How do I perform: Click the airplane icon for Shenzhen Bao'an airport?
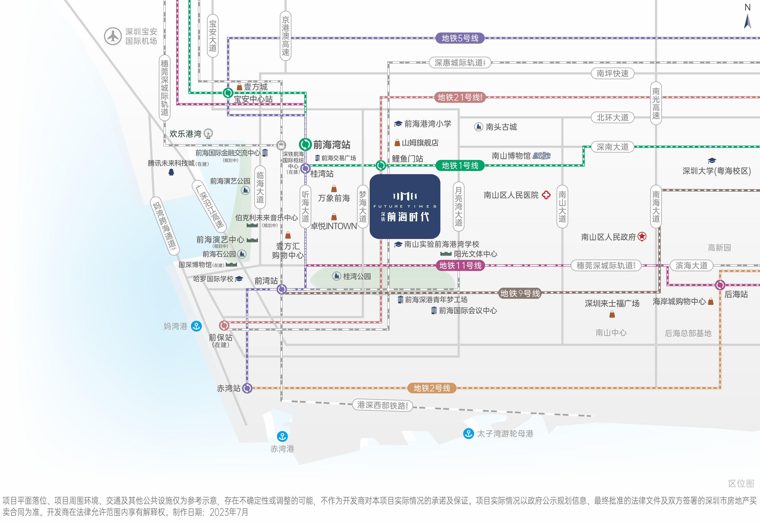pos(113,36)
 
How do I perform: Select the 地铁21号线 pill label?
pos(460,97)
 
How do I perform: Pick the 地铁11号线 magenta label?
pos(460,265)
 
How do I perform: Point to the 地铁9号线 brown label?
pos(520,293)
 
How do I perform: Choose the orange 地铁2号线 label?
pos(432,388)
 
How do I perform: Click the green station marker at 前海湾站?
pos(305,144)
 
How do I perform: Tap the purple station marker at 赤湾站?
pos(247,388)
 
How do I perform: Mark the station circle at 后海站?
pos(720,285)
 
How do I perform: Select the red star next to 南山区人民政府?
pos(642,236)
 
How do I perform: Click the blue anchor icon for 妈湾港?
pos(196,326)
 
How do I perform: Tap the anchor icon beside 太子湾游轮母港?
pos(468,433)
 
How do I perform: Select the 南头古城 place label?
pos(501,127)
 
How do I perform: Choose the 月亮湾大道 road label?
pos(458,206)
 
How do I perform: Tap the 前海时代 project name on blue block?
pos(408,217)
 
